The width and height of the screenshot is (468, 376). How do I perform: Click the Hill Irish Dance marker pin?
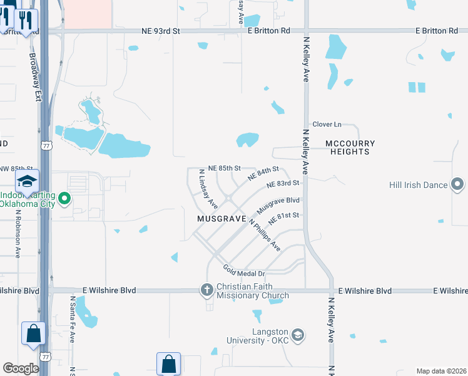point(457,185)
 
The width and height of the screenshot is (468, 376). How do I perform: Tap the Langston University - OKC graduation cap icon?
point(298,335)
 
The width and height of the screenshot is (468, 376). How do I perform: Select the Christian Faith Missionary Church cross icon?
point(207,290)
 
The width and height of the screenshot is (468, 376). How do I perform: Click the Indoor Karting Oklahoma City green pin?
point(64,200)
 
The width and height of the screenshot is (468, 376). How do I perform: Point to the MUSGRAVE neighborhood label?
point(221,219)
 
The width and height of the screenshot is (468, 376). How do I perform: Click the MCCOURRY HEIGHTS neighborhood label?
point(350,147)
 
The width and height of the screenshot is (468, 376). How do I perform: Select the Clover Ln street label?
point(327,125)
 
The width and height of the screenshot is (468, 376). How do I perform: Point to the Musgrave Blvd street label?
point(278,205)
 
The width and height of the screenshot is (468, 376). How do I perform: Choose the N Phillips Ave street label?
point(265,235)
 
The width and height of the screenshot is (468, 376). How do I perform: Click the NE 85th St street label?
point(225,168)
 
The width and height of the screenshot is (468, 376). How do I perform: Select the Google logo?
point(21,368)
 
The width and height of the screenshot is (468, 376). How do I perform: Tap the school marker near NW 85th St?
point(27,181)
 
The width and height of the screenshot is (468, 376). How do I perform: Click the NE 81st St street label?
point(285,219)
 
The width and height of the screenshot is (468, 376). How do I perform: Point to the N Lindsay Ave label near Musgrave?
point(208,189)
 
